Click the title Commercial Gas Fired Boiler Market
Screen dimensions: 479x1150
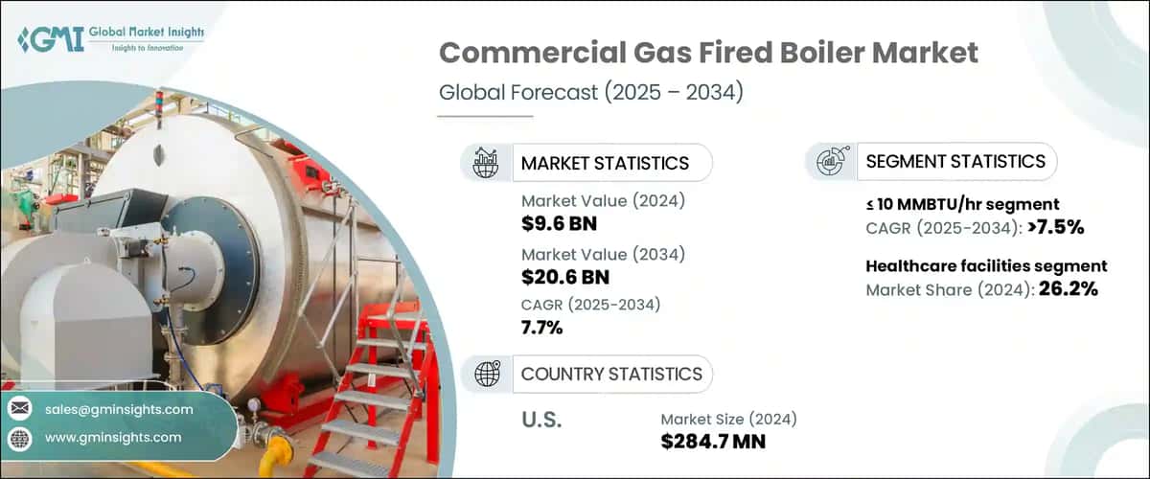pyautogui.click(x=708, y=54)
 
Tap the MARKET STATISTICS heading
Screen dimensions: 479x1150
pyautogui.click(x=605, y=163)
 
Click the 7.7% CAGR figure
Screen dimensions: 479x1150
pyautogui.click(x=542, y=329)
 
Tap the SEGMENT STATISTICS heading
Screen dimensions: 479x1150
pyautogui.click(x=954, y=162)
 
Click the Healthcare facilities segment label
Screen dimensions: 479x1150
pyautogui.click(x=986, y=266)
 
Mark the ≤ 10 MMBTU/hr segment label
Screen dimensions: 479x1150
pyautogui.click(x=961, y=204)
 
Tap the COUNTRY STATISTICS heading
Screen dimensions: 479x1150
pyautogui.click(x=611, y=374)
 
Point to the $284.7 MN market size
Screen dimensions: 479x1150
pyautogui.click(x=713, y=442)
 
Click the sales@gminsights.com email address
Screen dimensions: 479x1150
pyautogui.click(x=118, y=409)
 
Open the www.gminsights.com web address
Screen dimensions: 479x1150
pyautogui.click(x=112, y=438)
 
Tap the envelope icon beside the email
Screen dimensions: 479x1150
pyautogui.click(x=19, y=410)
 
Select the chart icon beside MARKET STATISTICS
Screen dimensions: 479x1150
pyautogui.click(x=485, y=163)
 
